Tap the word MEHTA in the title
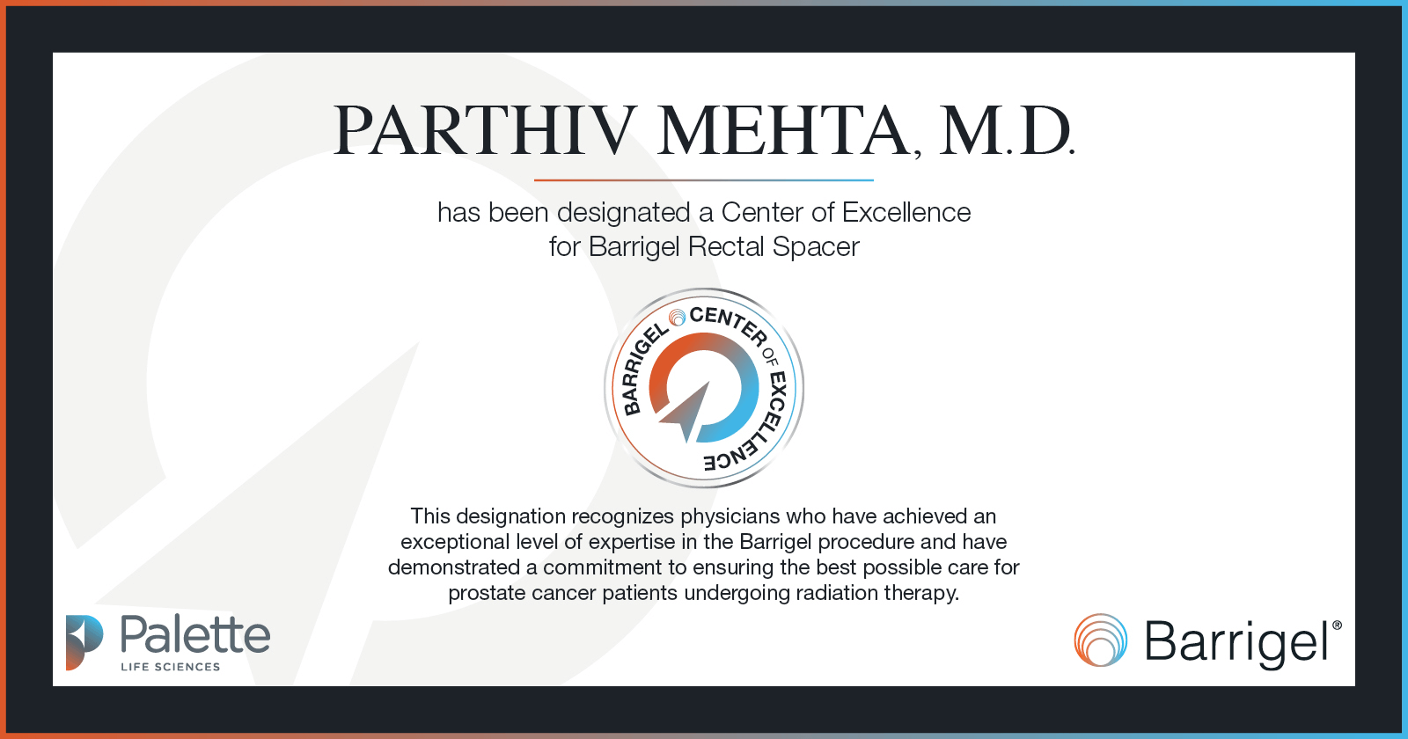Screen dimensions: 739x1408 tap(783, 132)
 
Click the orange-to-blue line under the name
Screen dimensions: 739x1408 tap(704, 180)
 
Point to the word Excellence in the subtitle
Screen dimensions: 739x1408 tap(906, 213)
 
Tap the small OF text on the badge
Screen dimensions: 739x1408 tap(770, 355)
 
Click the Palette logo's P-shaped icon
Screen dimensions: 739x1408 tap(84, 642)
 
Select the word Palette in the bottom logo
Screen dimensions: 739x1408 tap(195, 635)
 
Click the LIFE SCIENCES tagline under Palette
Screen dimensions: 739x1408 tap(171, 667)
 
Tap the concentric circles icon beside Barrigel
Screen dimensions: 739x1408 tap(1100, 640)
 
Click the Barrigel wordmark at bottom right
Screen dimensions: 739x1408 tap(1236, 642)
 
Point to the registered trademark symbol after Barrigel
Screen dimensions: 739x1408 tap(1337, 626)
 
